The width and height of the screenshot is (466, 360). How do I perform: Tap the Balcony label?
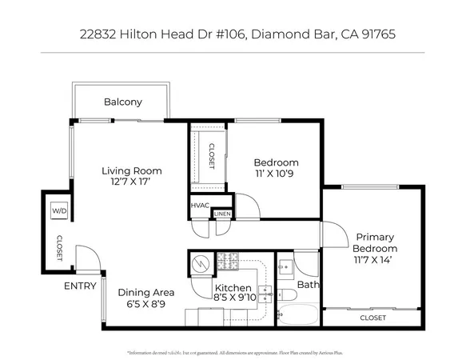tap(123, 102)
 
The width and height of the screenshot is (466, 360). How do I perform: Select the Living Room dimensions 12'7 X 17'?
tap(131, 182)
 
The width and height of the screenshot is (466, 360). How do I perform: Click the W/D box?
tap(58, 210)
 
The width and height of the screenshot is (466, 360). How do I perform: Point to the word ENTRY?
tap(80, 286)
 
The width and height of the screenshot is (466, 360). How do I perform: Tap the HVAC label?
tap(200, 206)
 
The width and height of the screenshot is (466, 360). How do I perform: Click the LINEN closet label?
tap(222, 214)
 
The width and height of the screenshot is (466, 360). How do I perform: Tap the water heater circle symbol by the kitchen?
tap(200, 263)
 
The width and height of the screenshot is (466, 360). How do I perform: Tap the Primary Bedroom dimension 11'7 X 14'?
tap(376, 260)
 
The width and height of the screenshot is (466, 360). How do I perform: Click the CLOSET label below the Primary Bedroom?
tap(372, 318)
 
